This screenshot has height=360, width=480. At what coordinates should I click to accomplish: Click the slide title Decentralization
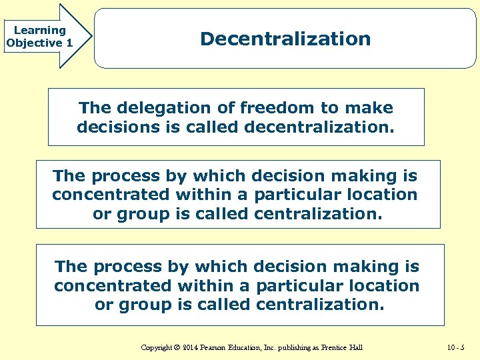[x=285, y=39]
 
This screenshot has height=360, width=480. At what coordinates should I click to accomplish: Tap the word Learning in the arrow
[x=39, y=30]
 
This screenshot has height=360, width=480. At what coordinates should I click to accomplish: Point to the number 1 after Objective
[x=69, y=43]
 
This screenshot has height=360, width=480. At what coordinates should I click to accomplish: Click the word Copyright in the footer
[x=157, y=347]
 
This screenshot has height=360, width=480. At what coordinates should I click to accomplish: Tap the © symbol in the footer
[x=179, y=347]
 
